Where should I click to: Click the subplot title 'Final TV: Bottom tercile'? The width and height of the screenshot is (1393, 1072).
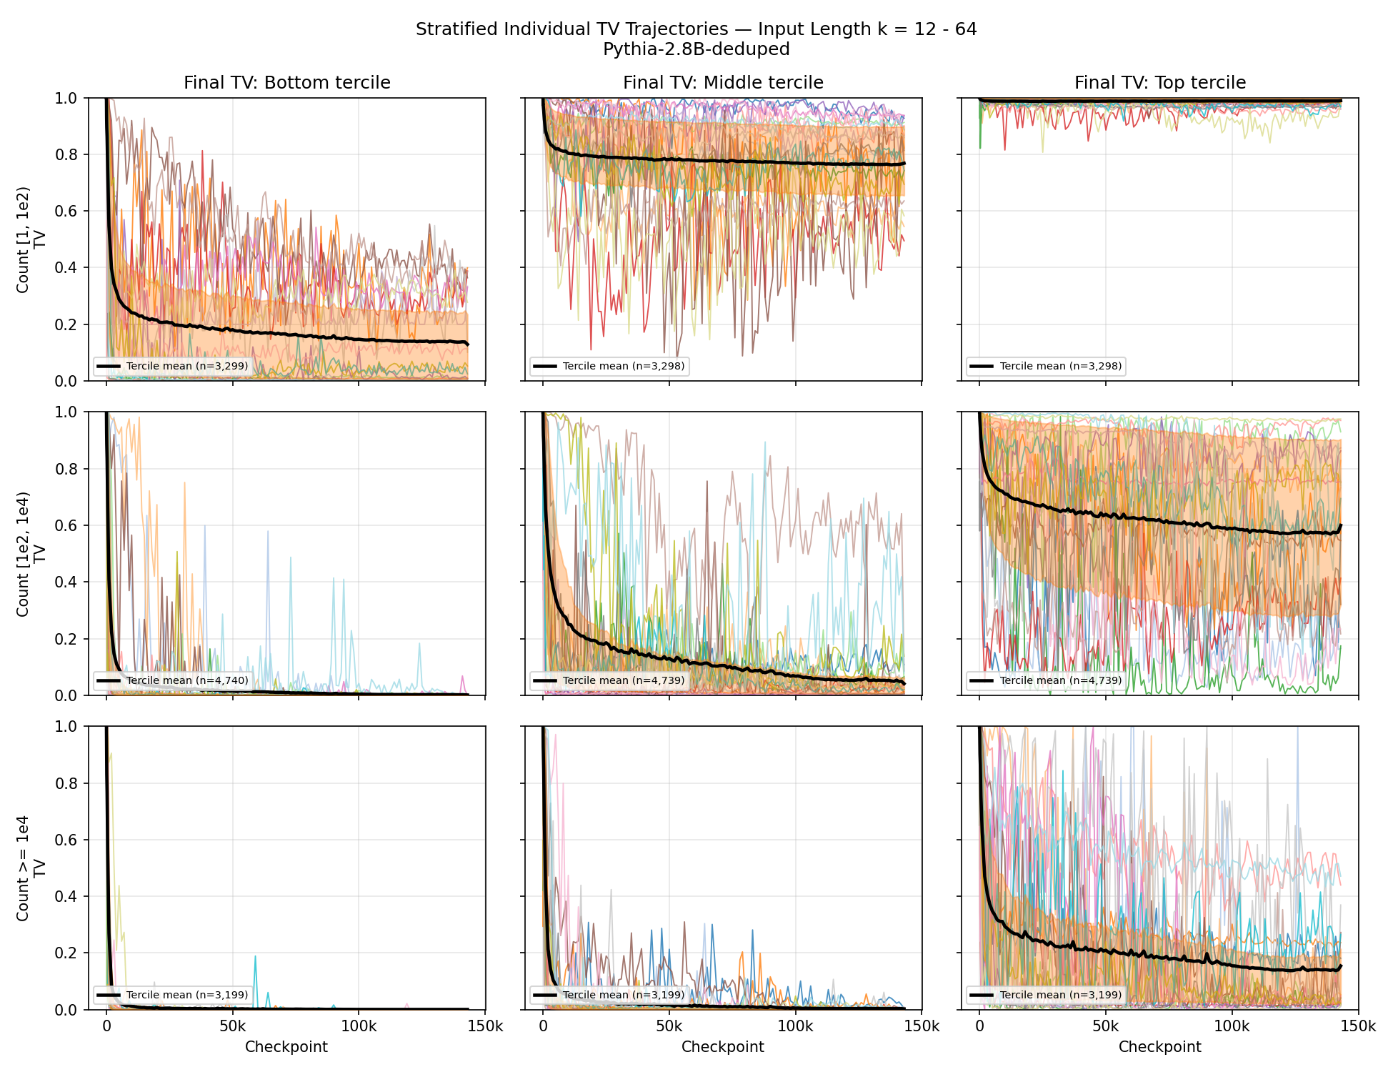[287, 83]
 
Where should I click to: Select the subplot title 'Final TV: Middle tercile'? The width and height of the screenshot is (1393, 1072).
[723, 83]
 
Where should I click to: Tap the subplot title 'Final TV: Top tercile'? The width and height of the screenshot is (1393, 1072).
[1160, 83]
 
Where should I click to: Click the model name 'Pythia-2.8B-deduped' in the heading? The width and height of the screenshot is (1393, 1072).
[696, 49]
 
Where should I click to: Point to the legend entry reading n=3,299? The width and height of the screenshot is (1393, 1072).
[171, 366]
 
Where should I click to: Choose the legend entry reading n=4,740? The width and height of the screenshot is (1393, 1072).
[171, 680]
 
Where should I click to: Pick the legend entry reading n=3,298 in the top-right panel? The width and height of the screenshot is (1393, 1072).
[1045, 366]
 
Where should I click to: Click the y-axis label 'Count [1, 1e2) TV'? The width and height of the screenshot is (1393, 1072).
[31, 239]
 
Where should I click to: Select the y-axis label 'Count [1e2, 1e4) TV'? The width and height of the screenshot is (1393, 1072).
[31, 554]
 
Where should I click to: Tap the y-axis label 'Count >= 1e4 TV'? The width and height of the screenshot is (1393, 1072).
[31, 868]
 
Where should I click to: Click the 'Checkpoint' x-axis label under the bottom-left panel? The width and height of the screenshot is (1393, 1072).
[286, 1047]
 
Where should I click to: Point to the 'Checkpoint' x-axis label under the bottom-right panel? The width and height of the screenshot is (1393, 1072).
[1160, 1047]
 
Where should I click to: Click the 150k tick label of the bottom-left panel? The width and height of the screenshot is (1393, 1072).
[485, 1026]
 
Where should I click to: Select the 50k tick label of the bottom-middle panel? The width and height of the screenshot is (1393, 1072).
[669, 1026]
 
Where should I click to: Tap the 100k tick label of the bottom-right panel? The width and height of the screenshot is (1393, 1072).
[1232, 1026]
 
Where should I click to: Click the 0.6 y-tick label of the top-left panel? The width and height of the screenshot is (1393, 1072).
[66, 211]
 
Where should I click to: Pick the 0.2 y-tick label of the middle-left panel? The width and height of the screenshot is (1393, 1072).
[66, 639]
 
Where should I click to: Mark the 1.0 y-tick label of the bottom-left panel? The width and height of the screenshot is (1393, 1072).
[66, 727]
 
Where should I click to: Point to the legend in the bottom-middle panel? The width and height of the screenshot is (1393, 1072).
[609, 995]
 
